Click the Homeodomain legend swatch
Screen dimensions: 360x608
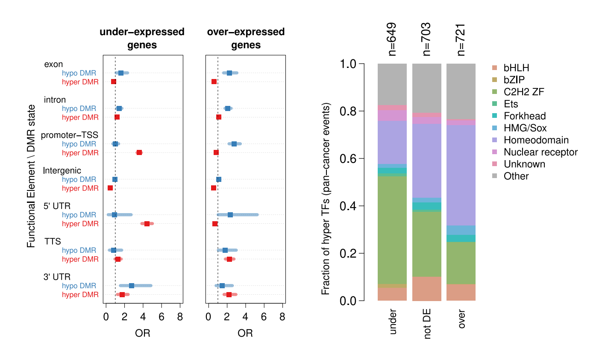[x=494, y=140]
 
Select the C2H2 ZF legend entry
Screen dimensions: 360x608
[x=523, y=92]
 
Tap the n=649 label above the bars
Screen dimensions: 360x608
[x=391, y=39]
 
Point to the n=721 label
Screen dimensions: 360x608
[x=461, y=39]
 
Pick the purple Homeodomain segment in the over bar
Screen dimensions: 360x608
[x=461, y=175]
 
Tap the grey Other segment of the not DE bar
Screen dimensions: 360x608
[x=427, y=88]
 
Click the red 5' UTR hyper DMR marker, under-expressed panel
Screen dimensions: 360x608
[x=147, y=224]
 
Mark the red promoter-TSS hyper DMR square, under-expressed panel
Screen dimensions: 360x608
[x=139, y=152]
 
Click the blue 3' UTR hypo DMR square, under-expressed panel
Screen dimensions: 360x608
[x=132, y=286]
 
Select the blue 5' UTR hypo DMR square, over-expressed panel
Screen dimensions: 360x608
[x=230, y=215]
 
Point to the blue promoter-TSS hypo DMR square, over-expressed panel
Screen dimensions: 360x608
[x=234, y=144]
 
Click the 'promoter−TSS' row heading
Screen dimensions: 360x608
[x=70, y=135]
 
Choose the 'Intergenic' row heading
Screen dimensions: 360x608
[x=62, y=171]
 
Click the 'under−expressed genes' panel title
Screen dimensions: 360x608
[x=142, y=38]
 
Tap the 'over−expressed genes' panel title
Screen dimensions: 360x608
[x=246, y=38]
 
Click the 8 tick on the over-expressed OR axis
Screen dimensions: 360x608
[x=282, y=317]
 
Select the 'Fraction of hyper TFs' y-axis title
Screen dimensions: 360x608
[x=326, y=199]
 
